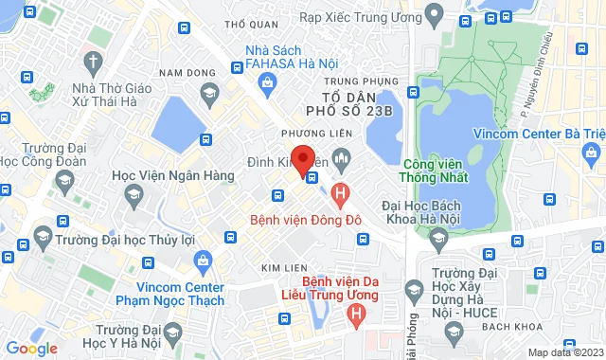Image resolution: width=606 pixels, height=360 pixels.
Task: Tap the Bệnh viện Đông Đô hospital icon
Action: click(x=342, y=193)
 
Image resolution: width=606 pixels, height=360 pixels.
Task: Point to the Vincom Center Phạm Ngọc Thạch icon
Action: click(x=202, y=261)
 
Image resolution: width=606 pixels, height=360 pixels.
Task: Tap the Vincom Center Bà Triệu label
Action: click(x=540, y=133)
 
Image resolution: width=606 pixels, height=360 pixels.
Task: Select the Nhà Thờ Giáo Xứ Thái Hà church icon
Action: click(x=92, y=63)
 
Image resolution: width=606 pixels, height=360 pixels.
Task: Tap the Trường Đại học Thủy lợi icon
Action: click(x=42, y=233)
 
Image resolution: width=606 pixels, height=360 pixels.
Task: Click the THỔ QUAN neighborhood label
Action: click(x=250, y=24)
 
